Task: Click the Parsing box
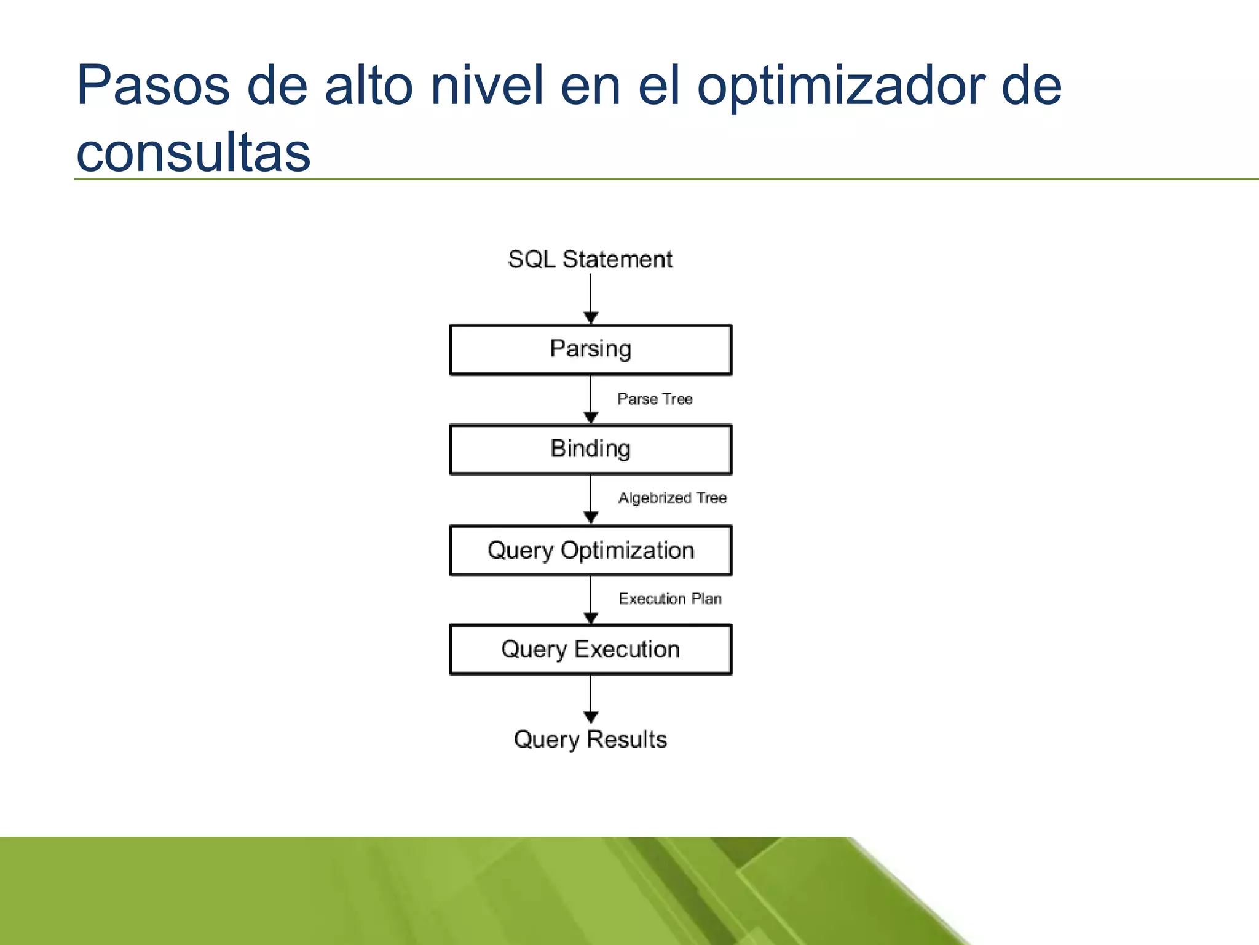(x=590, y=349)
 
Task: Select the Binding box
(x=590, y=449)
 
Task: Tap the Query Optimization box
(x=590, y=550)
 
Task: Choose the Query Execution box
(x=590, y=650)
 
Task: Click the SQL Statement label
(x=590, y=259)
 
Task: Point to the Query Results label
(x=590, y=739)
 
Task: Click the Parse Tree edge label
(x=655, y=399)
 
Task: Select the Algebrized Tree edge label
(x=672, y=498)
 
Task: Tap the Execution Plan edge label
(x=670, y=599)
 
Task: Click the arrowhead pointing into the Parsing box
(x=591, y=317)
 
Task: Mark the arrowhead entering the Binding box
(x=591, y=417)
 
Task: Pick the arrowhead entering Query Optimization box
(x=591, y=517)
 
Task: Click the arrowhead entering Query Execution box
(x=591, y=618)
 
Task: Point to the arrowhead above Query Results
(x=591, y=717)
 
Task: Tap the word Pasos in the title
(x=153, y=86)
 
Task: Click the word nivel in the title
(x=487, y=86)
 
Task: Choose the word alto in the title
(x=369, y=86)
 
